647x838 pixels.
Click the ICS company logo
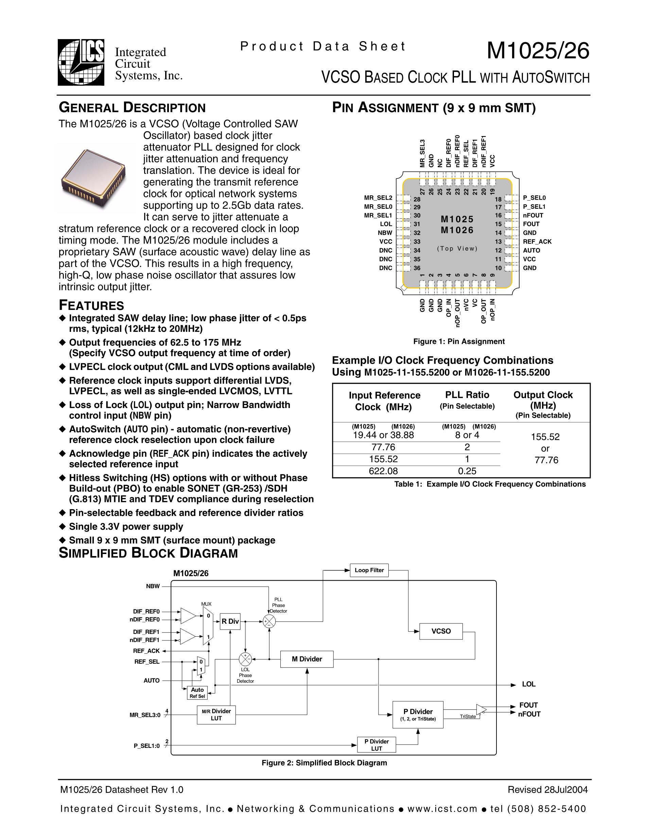point(81,62)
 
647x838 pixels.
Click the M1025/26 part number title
point(538,51)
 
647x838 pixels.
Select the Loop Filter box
point(369,570)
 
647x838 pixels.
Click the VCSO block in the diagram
point(441,631)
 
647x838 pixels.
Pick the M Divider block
point(307,659)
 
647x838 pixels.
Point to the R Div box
point(230,621)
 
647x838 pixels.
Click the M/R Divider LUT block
point(216,715)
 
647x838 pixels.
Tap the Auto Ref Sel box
point(197,692)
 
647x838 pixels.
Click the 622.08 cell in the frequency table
point(383,471)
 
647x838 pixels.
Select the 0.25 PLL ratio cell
point(467,471)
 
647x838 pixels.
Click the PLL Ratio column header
point(467,395)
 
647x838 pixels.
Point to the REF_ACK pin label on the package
point(537,241)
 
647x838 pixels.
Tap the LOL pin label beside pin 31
point(386,224)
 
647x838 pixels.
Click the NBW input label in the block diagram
point(153,586)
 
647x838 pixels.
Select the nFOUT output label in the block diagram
point(529,714)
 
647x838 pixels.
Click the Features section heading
point(91,305)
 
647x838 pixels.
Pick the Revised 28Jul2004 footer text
point(548,789)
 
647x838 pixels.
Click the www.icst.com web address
point(442,809)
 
